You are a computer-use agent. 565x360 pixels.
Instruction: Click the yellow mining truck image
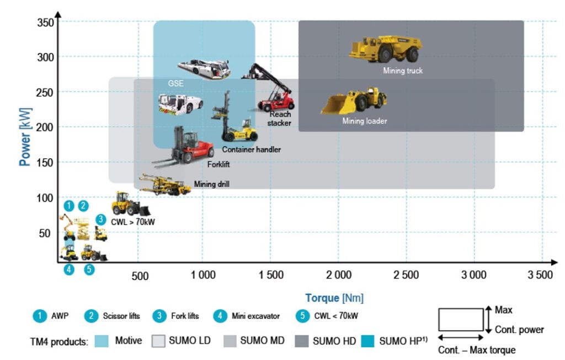[x=386, y=49]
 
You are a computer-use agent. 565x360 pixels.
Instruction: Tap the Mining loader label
[x=365, y=121]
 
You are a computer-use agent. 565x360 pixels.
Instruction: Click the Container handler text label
[x=251, y=149]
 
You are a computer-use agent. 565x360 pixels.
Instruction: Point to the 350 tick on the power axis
[x=45, y=22]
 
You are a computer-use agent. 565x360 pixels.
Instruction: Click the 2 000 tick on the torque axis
[x=339, y=275]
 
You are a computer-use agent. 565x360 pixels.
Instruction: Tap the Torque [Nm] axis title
[x=334, y=298]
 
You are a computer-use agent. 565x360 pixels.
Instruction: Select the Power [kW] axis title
[x=25, y=137]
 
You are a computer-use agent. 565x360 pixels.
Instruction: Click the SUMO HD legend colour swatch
[x=302, y=341]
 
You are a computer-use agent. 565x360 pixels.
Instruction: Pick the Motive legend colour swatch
[x=102, y=341]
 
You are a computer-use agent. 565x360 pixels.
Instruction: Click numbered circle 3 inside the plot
[x=100, y=219]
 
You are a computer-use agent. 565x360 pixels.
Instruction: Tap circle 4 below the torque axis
[x=69, y=269]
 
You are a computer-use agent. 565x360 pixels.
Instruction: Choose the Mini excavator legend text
[x=255, y=316]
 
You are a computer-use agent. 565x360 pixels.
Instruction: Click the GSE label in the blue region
[x=176, y=83]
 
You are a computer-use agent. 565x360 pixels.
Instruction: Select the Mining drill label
[x=211, y=184]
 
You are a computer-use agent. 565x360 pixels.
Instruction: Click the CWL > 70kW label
[x=133, y=222]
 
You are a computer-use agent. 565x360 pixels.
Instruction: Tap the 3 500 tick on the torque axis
[x=540, y=275]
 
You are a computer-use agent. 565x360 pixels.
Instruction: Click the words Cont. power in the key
[x=519, y=329]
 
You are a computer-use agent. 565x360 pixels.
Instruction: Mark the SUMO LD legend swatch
[x=158, y=341]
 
